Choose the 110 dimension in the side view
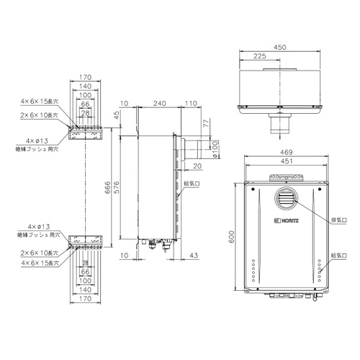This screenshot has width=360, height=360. coord(190,104)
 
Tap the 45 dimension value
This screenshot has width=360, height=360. coord(116,115)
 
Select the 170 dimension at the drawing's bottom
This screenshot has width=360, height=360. coord(86,297)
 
